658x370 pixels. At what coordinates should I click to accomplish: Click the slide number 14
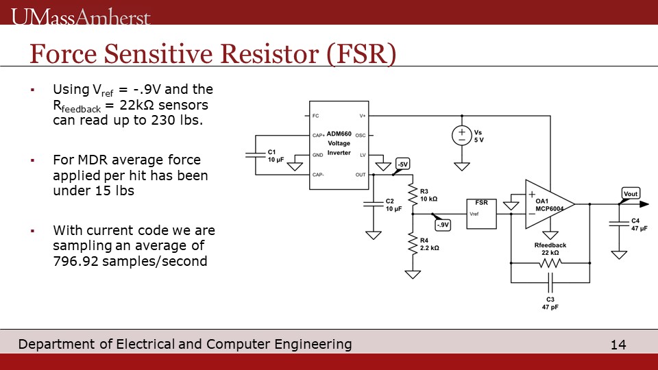(618, 345)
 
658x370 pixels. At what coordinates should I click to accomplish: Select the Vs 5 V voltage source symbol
(462, 135)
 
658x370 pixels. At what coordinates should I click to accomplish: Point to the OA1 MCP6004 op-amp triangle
(546, 203)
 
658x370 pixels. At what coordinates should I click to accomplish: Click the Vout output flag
(631, 194)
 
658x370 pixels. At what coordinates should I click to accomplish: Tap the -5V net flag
(402, 164)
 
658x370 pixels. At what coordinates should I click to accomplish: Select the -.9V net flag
(442, 224)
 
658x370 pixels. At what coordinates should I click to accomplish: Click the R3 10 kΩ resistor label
(428, 195)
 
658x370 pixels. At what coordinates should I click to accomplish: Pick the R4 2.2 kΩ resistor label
(429, 244)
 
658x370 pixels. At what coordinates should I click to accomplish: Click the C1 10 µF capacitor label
(275, 156)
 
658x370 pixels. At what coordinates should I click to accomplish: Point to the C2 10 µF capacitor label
(393, 205)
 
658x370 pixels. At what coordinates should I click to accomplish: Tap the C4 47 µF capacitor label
(639, 224)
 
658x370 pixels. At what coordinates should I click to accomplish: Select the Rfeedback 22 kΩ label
(550, 249)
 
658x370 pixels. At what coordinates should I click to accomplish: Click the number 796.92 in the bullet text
(76, 260)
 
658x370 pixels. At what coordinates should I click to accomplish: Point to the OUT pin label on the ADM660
(361, 175)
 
